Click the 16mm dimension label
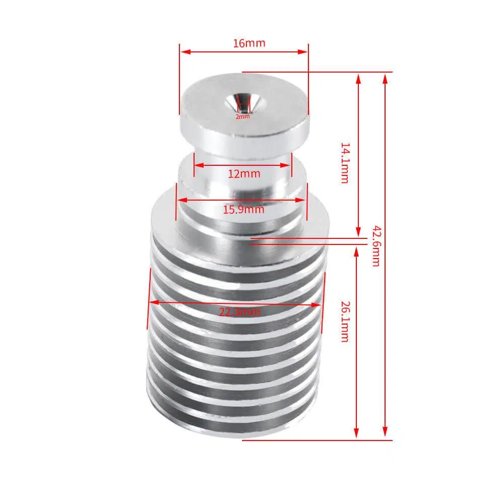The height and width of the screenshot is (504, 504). coord(249,43)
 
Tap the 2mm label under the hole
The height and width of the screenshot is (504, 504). coord(242,117)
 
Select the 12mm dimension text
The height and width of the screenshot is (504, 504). coord(244,174)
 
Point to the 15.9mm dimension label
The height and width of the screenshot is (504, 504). coord(243,210)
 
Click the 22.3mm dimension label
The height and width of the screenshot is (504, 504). coord(240,312)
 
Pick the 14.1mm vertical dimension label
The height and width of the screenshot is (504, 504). coord(345,163)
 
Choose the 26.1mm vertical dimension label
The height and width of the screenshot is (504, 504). coord(345,322)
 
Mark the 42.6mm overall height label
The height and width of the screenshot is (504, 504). coord(376,246)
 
